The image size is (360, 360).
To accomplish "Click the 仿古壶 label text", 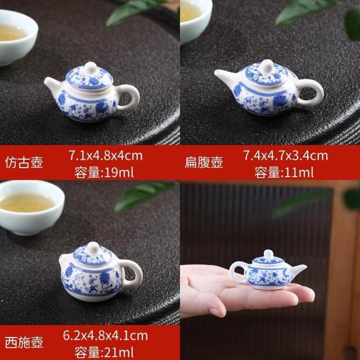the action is pos(24,163).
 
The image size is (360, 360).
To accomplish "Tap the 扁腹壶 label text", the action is pos(204,163).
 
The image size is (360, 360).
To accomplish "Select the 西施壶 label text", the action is pos(24,343).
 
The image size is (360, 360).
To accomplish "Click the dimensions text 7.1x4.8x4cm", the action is pos(106,155).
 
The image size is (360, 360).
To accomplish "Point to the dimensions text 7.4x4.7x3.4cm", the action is pos(286,155).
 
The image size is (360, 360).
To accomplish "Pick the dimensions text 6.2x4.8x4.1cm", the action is pos(106,336).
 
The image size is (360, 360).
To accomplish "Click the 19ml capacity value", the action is pos(119,172).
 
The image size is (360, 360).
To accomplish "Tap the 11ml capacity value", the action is pos(299,172).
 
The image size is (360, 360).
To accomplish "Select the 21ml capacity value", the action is pos(119,353).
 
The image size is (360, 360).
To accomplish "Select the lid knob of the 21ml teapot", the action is pos(93,248).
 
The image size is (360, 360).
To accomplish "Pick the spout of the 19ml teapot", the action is pos(52,84).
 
